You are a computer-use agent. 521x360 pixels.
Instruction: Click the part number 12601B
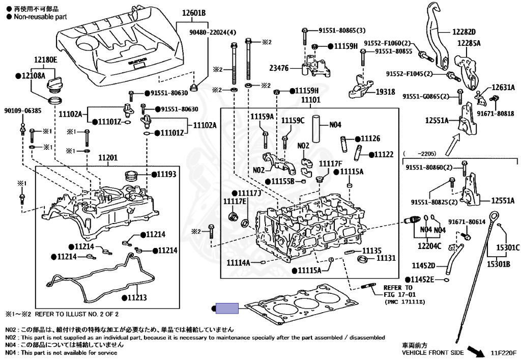click(191, 13)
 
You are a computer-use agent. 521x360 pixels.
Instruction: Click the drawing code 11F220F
click(503, 352)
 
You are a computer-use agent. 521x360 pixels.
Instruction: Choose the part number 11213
click(136, 297)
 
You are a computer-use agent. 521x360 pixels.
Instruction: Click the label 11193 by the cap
click(165, 174)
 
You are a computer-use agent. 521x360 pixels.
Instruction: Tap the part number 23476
click(278, 68)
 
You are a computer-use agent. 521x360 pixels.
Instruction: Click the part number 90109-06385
click(23, 110)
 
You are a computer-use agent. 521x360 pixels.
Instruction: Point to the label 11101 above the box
click(310, 100)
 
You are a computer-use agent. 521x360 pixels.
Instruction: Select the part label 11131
click(386, 259)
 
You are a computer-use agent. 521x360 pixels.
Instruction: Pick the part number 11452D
click(423, 265)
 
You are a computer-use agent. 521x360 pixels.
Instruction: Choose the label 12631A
click(503, 88)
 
